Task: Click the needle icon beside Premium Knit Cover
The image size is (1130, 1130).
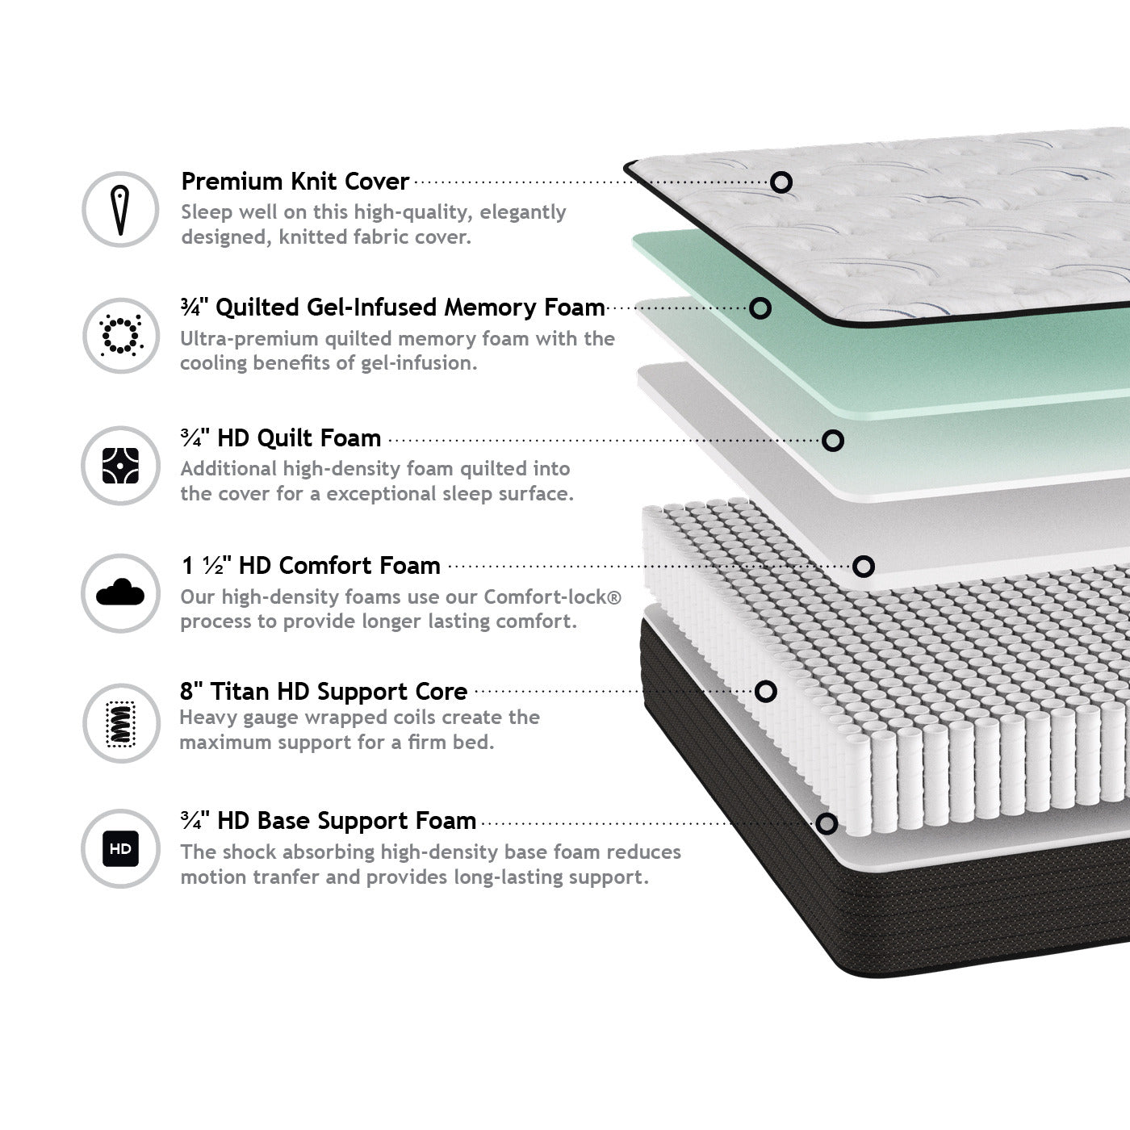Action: point(120,210)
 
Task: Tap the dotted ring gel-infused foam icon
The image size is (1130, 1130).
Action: point(120,336)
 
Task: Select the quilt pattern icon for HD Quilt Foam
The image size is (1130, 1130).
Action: point(120,466)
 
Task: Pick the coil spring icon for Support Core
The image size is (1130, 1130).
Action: point(120,724)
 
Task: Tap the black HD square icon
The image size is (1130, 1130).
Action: point(120,848)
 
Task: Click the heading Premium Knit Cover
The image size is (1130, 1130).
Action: point(295,182)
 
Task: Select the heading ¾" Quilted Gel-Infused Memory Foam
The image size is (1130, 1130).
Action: point(393,308)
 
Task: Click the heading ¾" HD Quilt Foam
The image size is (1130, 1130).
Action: point(281,438)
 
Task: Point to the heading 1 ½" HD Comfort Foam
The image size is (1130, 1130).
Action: point(311,566)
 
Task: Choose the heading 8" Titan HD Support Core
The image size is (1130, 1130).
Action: point(324,692)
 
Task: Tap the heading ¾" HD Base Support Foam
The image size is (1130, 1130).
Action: point(329,821)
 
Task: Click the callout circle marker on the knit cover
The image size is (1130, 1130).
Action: point(781,182)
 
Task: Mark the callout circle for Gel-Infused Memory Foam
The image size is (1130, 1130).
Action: point(760,308)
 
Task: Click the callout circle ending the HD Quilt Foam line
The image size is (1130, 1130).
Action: point(833,441)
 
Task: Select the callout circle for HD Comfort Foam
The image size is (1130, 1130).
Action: point(863,567)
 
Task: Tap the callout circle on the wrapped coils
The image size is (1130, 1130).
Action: point(766,692)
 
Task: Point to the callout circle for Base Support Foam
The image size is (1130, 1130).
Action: point(827,824)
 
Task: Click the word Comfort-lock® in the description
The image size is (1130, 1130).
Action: point(552,597)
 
